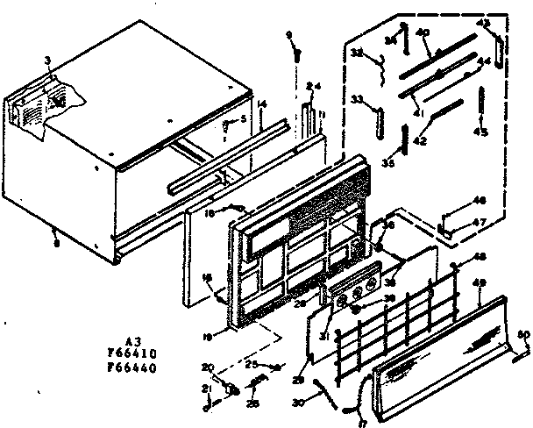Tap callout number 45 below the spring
pos(480,132)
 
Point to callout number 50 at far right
pos(524,333)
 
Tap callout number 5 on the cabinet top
pos(243,119)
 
